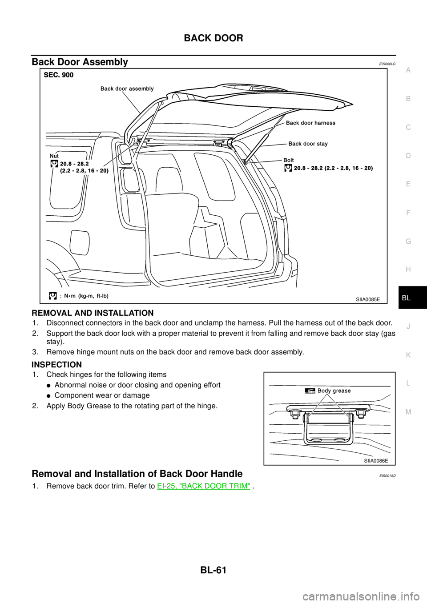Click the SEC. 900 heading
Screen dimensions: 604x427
[x=59, y=75]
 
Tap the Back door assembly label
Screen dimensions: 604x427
[x=127, y=89]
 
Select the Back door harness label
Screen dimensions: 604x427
[x=310, y=123]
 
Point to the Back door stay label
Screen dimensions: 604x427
[x=308, y=144]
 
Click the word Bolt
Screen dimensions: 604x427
[x=288, y=159]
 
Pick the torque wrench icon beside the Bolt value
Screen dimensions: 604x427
[x=288, y=168]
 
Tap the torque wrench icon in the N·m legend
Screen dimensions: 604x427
[x=52, y=295]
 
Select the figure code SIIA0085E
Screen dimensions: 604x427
[x=368, y=300]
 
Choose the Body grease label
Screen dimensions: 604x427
[x=334, y=391]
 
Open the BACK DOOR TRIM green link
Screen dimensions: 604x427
[x=203, y=487]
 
